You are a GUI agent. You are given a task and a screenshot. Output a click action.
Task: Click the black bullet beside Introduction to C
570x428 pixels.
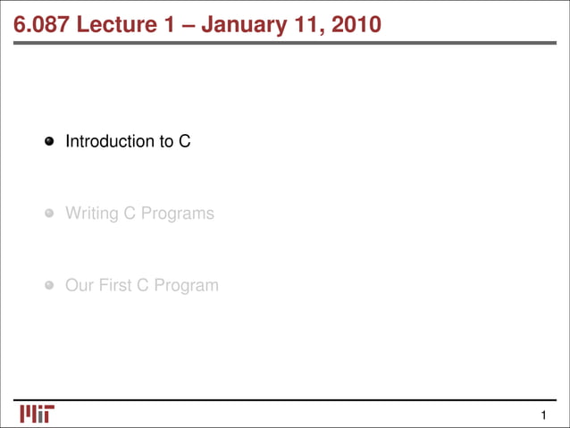tap(50, 141)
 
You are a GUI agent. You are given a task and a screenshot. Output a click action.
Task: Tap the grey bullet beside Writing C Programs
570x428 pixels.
tap(50, 214)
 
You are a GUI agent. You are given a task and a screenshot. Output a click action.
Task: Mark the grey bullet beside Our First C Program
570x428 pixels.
tap(50, 286)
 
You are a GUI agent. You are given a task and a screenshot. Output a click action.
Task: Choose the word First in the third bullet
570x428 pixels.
tap(117, 286)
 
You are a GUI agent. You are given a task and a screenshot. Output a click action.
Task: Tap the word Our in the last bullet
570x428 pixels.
tap(79, 286)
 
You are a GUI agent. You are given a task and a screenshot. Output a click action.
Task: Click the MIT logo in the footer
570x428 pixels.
tap(37, 414)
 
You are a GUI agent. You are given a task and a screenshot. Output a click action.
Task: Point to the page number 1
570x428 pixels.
tap(542, 415)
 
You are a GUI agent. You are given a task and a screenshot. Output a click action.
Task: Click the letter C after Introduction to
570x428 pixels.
tap(185, 141)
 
